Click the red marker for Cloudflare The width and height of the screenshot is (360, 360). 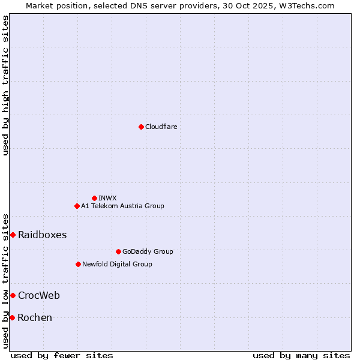pos(141,127)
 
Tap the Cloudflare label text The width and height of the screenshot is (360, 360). pos(161,127)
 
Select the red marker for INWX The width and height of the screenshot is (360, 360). pos(94,198)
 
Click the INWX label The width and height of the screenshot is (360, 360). pos(107,198)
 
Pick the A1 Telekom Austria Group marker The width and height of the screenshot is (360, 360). pos(77,206)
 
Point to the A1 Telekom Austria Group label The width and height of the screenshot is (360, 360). pos(122,206)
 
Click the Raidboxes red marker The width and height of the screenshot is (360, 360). pos(13,235)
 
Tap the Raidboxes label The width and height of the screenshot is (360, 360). pos(42,235)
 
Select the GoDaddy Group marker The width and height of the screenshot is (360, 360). pos(118,251)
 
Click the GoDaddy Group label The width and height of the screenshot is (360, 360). pos(147,251)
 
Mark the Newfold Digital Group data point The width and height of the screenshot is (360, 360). pos(78,264)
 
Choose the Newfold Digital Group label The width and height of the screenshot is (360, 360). pos(117,264)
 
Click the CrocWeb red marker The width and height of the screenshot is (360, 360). pos(13,295)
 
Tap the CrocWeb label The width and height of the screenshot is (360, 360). pos(38,295)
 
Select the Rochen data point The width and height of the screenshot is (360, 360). pos(12,317)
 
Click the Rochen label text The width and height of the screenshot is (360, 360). pos(35,317)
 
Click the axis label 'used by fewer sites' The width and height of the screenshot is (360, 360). pos(62,355)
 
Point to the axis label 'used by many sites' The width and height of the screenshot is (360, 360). pos(301,355)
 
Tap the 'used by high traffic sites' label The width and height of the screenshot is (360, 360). pos(5,85)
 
